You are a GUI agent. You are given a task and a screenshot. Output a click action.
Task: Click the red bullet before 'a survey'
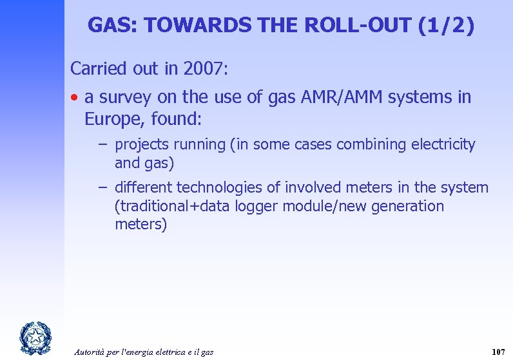[75, 98]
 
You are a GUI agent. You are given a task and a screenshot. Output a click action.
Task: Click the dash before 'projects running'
[103, 145]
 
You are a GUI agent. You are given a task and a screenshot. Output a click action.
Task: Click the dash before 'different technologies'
[103, 187]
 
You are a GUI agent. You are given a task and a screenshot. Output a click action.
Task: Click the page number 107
[498, 352]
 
